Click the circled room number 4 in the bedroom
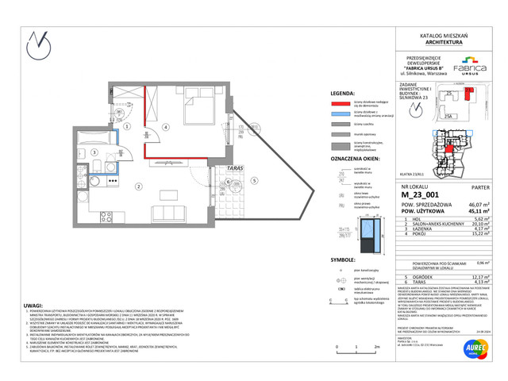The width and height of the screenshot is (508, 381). pyautogui.click(x=165, y=127)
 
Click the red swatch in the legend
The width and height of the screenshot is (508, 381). pyautogui.click(x=341, y=102)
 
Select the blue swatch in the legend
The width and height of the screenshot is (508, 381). pyautogui.click(x=341, y=114)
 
